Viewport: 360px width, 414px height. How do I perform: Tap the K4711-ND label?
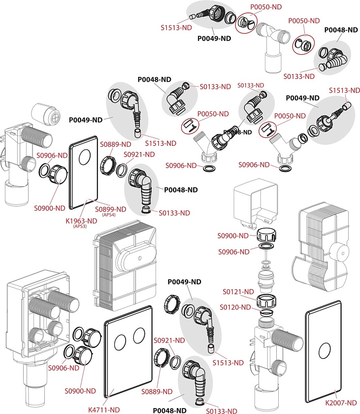click(x=104, y=410)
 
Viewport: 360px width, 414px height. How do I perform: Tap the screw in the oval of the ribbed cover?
click(x=139, y=258)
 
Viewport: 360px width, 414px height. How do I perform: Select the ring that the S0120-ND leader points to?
click(x=266, y=313)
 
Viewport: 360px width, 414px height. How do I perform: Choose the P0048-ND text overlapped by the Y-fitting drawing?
click(x=237, y=132)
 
